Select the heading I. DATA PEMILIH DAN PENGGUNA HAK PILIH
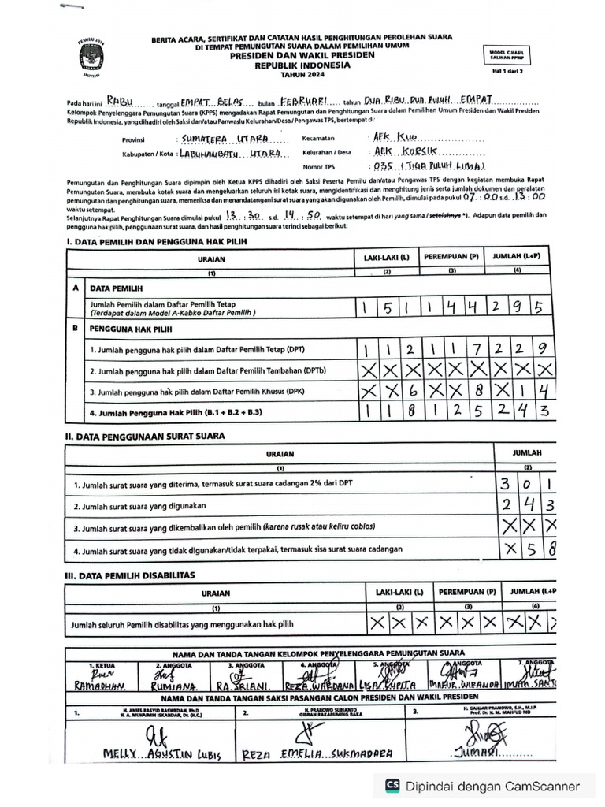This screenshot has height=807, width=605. click(x=158, y=242)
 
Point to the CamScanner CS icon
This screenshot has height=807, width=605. click(x=392, y=786)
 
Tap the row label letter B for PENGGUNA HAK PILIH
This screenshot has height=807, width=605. click(x=75, y=326)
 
